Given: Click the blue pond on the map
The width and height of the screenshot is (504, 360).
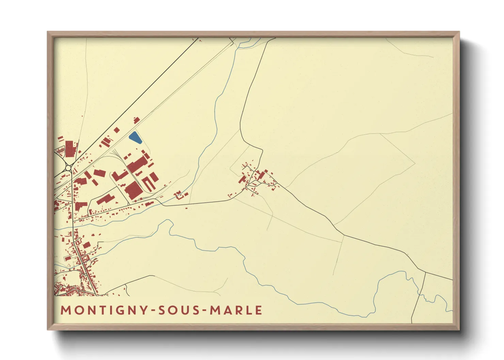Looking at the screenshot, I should tap(135, 137).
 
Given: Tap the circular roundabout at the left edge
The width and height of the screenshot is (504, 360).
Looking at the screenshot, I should tap(68, 168).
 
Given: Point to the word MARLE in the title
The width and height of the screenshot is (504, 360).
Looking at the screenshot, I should tap(236, 310).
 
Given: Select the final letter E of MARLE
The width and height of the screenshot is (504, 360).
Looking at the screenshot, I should tap(259, 310).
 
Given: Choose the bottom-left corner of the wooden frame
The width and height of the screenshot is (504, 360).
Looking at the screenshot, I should tap(48, 329).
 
